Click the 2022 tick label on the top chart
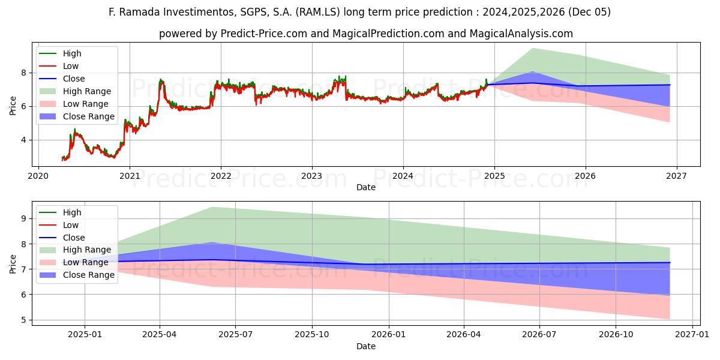click(x=221, y=176)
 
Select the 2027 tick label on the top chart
click(x=676, y=176)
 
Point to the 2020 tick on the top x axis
click(x=39, y=176)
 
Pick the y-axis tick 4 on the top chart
click(x=25, y=140)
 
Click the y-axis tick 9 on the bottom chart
click(x=25, y=219)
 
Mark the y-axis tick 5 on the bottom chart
click(x=25, y=320)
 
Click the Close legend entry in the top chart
click(x=74, y=79)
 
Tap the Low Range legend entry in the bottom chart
click(x=86, y=262)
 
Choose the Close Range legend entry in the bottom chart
click(x=89, y=275)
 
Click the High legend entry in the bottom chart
click(x=72, y=212)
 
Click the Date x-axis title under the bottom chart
click(x=366, y=346)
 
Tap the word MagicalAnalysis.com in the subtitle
click(x=525, y=34)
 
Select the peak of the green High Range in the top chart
click(x=532, y=49)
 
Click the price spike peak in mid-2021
click(x=160, y=79)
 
